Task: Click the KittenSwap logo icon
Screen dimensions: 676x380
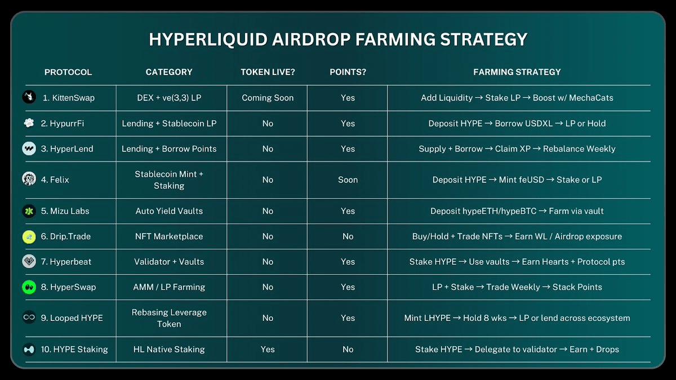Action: pos(29,97)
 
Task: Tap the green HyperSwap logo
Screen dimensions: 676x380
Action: pos(29,287)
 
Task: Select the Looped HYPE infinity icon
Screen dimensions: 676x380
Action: pos(29,318)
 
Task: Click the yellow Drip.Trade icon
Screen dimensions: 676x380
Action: pos(29,237)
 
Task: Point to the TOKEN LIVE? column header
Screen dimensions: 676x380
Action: pos(268,72)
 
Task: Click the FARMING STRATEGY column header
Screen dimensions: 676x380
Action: pos(517,72)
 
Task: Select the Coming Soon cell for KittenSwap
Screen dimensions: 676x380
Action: pos(268,98)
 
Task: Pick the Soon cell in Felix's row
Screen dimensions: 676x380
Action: pos(348,180)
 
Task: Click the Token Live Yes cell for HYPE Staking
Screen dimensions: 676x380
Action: pos(268,349)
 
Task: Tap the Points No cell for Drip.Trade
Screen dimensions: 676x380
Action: pos(348,236)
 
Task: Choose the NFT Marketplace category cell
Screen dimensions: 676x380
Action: pos(169,236)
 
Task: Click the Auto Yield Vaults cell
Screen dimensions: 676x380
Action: pos(169,211)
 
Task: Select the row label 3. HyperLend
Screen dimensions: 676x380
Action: pos(67,149)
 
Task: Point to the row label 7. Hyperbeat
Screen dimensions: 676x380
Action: pos(66,262)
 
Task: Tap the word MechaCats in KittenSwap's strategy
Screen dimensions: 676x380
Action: pos(591,98)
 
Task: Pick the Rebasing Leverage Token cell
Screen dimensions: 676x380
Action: pos(169,318)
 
